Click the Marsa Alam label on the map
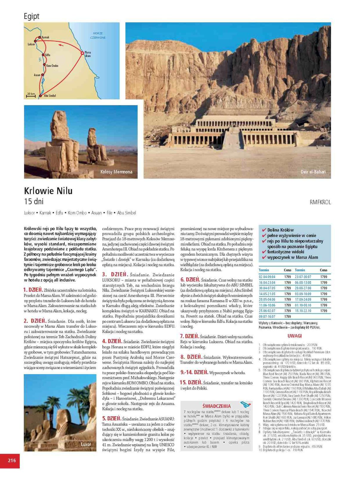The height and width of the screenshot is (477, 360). coord(88,54)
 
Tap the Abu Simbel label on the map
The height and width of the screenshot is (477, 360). coord(50,96)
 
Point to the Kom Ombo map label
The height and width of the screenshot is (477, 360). coord(52,66)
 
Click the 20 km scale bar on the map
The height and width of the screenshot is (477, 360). coord(31,95)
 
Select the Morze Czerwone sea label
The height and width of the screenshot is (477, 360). coord(98,35)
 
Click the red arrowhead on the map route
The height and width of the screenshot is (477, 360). coord(60,45)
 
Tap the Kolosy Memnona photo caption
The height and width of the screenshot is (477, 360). coord(116,172)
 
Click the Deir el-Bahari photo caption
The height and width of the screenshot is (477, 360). coord(313,172)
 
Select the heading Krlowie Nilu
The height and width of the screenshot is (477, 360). coord(48,191)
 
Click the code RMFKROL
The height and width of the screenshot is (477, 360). coord(320,202)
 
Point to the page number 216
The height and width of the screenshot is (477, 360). coord(12,461)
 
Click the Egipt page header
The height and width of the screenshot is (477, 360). coord(32,16)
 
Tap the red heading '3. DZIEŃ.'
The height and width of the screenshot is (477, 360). coord(115,275)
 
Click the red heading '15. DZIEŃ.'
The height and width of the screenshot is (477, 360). coord(191,382)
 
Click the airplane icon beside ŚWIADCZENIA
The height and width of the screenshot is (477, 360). coord(245,405)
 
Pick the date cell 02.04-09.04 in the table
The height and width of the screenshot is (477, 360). coord(267,277)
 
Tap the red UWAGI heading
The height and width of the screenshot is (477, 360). coord(294,336)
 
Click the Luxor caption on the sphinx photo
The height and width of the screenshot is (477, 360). coord(86,444)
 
